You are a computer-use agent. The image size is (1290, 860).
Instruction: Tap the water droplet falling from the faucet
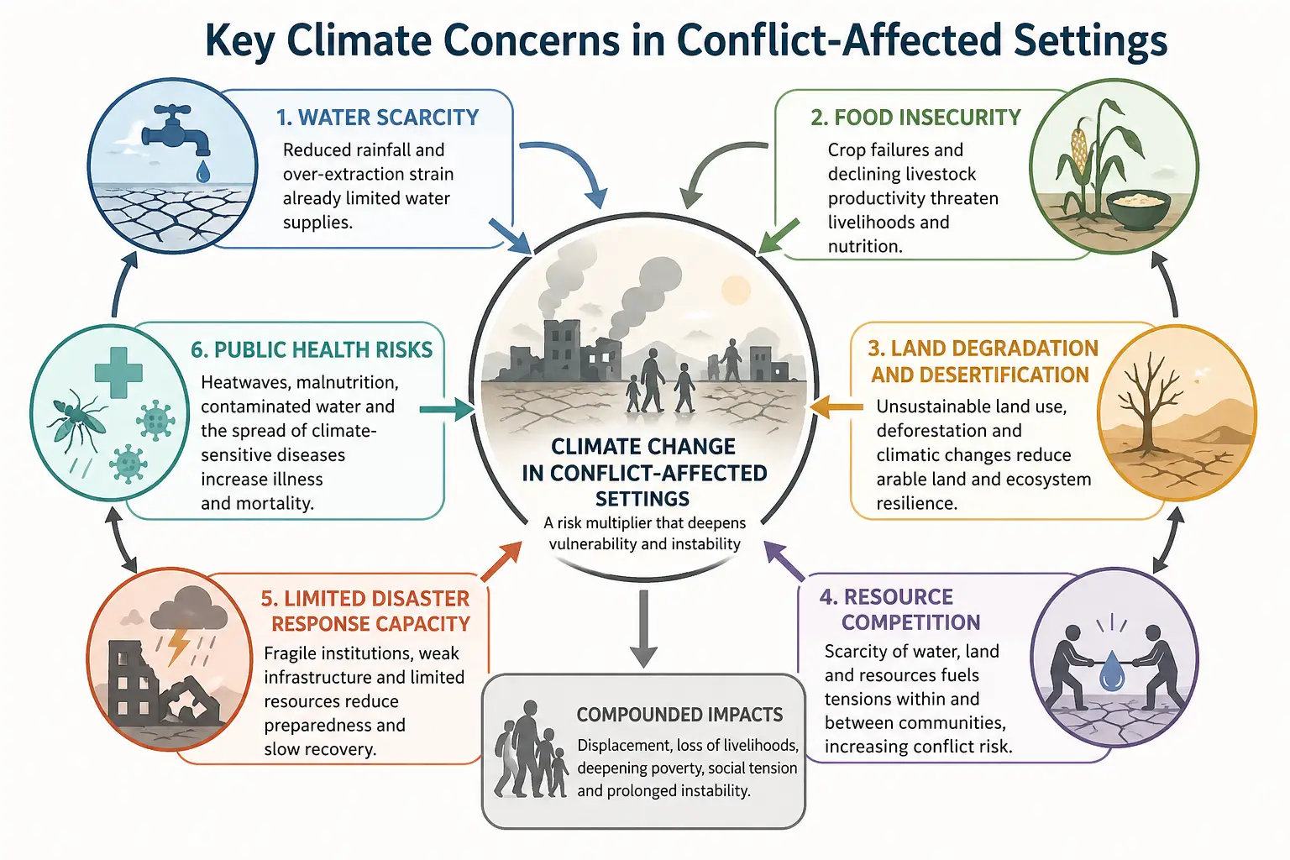[202, 171]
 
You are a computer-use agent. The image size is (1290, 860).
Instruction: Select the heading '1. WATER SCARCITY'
[377, 118]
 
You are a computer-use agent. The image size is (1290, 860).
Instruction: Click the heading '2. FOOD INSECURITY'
[915, 118]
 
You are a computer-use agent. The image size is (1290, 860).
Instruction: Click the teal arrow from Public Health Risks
[447, 410]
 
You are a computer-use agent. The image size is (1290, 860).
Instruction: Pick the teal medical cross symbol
[118, 372]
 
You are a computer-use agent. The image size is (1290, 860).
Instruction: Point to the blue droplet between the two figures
[1112, 671]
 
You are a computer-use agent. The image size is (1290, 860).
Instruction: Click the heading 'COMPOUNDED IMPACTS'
[679, 715]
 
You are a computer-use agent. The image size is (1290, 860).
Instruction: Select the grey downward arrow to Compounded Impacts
[643, 628]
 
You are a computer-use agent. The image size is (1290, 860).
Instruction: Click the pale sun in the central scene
[736, 291]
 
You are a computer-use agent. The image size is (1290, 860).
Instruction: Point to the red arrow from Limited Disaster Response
[501, 561]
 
